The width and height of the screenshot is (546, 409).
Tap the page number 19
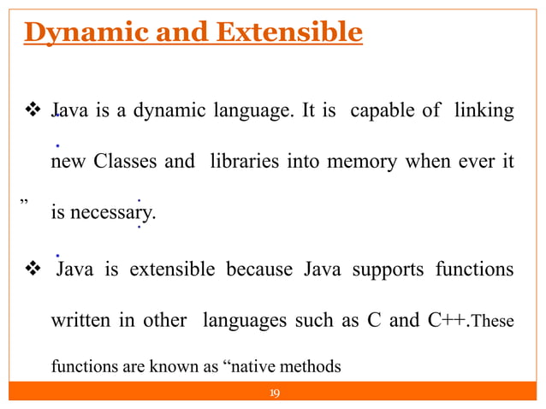click(275, 394)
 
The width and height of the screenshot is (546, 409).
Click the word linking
click(485, 112)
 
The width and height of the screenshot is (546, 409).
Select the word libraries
click(241, 162)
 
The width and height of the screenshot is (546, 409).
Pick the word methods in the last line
click(314, 368)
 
